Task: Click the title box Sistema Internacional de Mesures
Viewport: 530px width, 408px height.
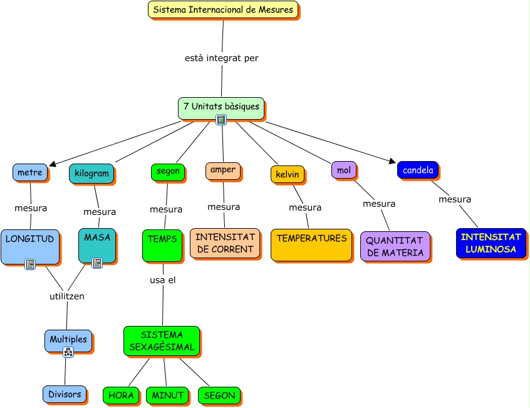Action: click(x=223, y=9)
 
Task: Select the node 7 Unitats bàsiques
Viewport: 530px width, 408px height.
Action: click(x=221, y=107)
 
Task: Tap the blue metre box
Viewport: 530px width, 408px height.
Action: click(x=30, y=172)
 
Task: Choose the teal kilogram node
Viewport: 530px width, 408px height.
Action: click(x=91, y=173)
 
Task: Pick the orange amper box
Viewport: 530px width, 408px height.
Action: click(x=223, y=170)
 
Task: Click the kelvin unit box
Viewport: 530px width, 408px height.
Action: click(x=288, y=174)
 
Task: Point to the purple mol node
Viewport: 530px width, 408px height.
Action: click(x=344, y=170)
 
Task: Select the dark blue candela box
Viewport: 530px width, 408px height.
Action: click(x=418, y=170)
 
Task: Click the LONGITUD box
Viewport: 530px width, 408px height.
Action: click(x=30, y=246)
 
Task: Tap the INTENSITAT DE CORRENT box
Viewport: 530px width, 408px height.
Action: click(x=225, y=243)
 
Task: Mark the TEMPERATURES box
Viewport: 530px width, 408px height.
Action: click(x=311, y=244)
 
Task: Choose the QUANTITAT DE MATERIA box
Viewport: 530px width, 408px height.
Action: click(x=395, y=246)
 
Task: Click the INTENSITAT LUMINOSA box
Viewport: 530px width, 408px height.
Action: click(x=491, y=243)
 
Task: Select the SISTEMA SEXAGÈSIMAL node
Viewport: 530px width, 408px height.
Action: click(x=162, y=341)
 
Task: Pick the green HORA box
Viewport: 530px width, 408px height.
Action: click(x=121, y=395)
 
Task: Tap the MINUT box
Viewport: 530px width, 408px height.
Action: click(x=167, y=395)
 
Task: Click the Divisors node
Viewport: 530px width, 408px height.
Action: click(x=65, y=394)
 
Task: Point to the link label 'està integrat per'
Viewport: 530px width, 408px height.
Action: click(x=222, y=58)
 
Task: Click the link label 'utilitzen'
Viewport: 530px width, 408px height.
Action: click(x=67, y=296)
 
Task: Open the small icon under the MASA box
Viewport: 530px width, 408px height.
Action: click(x=97, y=263)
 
